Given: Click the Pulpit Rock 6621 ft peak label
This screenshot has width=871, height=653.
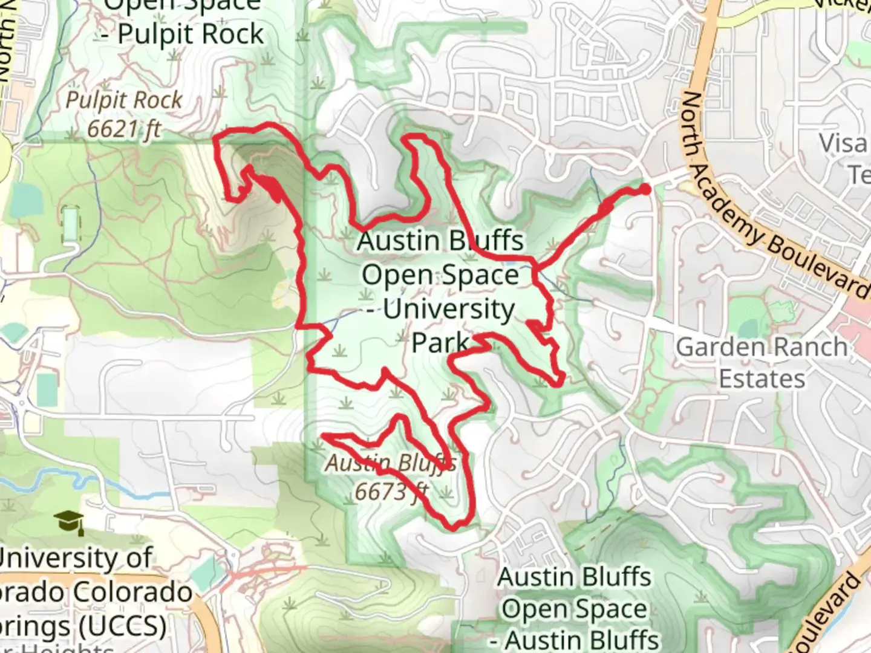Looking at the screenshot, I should click(x=124, y=114).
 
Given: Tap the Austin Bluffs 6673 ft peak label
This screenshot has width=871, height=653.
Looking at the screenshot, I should click(x=391, y=478).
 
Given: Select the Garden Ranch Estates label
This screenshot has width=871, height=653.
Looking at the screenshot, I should click(x=762, y=363).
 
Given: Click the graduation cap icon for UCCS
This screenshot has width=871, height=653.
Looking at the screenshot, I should click(x=69, y=521).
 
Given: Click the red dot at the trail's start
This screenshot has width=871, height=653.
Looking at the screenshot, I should click(x=645, y=189).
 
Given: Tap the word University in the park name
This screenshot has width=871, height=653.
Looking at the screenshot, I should click(x=448, y=309).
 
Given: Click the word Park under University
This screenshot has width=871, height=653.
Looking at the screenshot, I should click(x=440, y=342).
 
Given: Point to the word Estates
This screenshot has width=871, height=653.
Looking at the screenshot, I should click(x=762, y=379).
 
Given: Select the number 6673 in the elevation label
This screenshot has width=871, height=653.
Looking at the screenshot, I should click(x=382, y=492).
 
